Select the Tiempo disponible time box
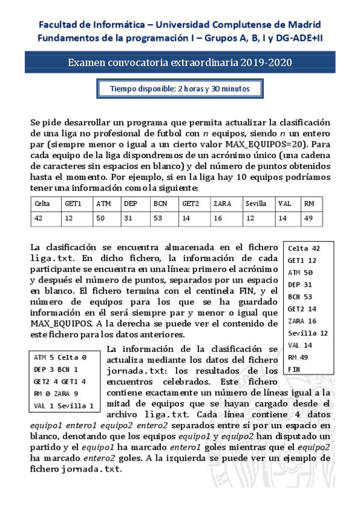pyautogui.click(x=180, y=89)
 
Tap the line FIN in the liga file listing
pyautogui.click(x=294, y=369)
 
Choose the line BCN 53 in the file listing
pyautogui.click(x=300, y=296)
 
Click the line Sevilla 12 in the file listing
pyautogui.click(x=308, y=333)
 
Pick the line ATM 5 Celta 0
pyautogui.click(x=60, y=357)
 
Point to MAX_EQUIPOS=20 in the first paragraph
pyautogui.click(x=264, y=144)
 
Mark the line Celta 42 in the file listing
pyautogui.click(x=304, y=248)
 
